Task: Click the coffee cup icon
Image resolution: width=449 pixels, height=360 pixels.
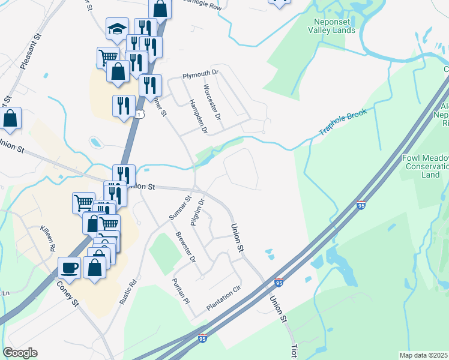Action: (x=70, y=266)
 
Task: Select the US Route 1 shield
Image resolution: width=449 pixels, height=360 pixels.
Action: (x=139, y=114)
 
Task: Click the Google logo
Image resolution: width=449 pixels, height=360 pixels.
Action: (x=20, y=353)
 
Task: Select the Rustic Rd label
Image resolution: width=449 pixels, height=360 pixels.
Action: (x=128, y=292)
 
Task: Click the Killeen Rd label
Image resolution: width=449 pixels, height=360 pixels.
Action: (x=47, y=239)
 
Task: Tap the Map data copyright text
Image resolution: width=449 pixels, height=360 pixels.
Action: (x=424, y=355)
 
